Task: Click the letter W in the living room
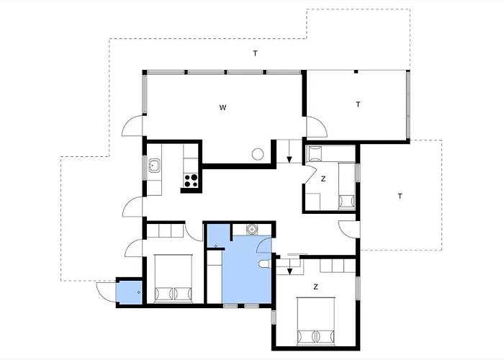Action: [222, 107]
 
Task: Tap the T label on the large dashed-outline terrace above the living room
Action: [255, 53]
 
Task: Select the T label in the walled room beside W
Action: [358, 104]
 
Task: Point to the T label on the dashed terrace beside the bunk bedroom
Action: [400, 196]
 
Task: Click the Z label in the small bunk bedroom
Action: [323, 179]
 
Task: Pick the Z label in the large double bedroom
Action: [315, 287]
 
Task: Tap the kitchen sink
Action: [154, 166]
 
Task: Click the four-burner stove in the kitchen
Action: [191, 180]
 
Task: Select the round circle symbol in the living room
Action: [258, 154]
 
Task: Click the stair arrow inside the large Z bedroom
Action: [289, 267]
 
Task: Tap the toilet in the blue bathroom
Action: [265, 264]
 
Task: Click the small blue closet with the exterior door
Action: [129, 292]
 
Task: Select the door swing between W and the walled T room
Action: [317, 127]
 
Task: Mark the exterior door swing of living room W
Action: [132, 126]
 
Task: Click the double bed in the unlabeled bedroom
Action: [174, 279]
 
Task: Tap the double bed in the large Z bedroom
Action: [316, 321]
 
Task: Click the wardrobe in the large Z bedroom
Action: [338, 266]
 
